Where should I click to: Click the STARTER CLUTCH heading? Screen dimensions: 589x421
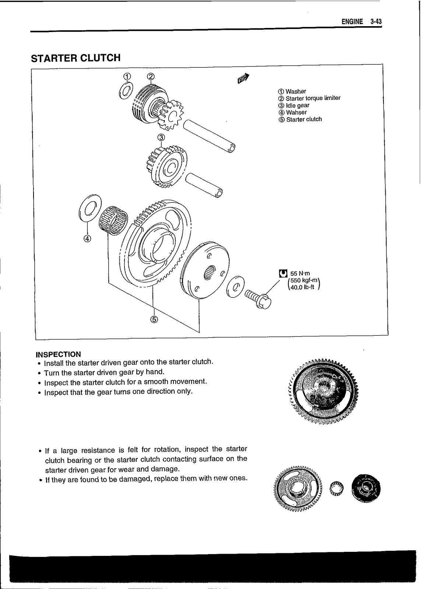(76, 58)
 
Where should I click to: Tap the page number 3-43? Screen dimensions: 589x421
(376, 22)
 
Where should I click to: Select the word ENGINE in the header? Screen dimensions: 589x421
(352, 22)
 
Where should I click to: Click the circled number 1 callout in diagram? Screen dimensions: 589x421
(126, 77)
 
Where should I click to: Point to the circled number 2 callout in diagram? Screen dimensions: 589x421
(151, 77)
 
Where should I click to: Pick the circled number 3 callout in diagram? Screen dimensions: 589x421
(161, 137)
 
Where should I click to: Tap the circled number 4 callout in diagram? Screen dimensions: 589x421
(87, 239)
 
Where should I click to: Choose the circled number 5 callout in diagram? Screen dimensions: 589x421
(154, 319)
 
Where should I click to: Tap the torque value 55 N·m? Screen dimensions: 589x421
(300, 274)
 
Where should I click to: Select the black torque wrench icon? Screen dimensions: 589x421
(283, 273)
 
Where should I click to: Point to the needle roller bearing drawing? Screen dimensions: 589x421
(113, 221)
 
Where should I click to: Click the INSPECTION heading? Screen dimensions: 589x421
(58, 355)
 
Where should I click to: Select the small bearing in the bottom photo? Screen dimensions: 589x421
(336, 489)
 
